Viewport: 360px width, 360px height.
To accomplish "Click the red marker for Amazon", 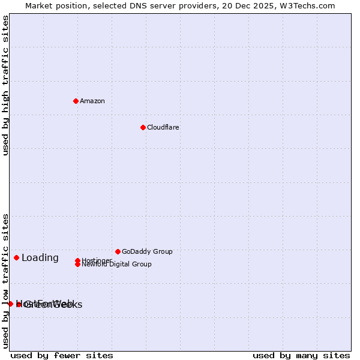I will click(76, 101).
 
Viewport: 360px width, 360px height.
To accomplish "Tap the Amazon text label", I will click(92, 101).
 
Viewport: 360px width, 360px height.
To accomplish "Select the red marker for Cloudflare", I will click(143, 127).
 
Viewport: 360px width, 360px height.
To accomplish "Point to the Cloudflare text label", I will click(163, 127).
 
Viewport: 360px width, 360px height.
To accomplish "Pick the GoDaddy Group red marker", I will click(118, 251).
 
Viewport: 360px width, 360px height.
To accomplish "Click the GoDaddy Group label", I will click(147, 251).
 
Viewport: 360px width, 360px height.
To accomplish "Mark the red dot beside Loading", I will click(16, 257).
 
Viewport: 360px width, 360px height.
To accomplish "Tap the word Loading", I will click(40, 258).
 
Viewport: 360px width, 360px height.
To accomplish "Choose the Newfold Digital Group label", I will click(117, 264).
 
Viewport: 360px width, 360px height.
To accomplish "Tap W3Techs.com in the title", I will click(306, 5).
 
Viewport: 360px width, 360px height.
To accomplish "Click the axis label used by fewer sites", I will click(62, 355).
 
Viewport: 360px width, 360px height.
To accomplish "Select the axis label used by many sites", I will click(301, 355).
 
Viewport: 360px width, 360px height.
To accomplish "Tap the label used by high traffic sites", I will click(5, 85).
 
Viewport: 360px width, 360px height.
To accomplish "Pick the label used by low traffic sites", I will click(5, 281).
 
